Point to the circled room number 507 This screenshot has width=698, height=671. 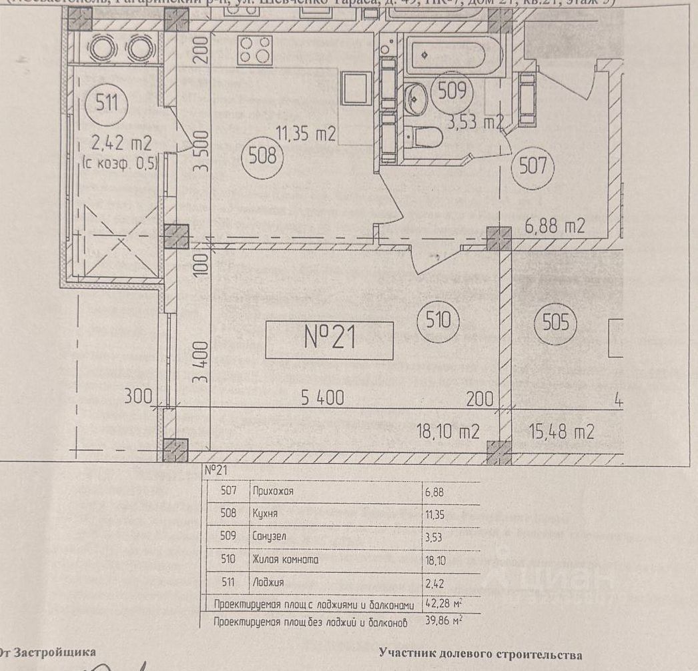coord(533,165)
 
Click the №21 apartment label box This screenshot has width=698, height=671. coord(329,340)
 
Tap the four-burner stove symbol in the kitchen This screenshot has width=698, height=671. coord(256,49)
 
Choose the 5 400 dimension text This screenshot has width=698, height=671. coord(322,399)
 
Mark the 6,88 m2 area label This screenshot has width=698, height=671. coord(555,226)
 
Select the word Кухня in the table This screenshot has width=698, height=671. coord(265,514)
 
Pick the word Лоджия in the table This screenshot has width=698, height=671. coord(268,582)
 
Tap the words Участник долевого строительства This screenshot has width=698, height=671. coord(480,655)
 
